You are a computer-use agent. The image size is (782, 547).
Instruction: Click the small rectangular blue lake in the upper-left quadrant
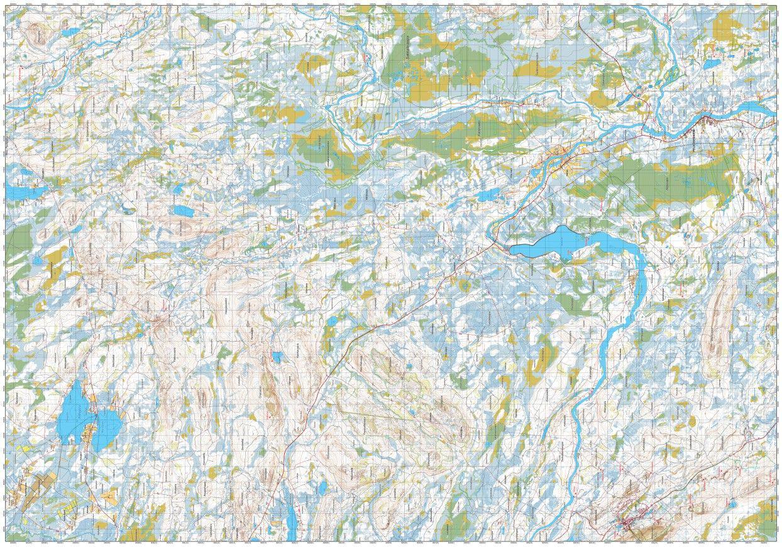pyautogui.click(x=182, y=210)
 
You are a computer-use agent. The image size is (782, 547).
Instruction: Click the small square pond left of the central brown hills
pyautogui.click(x=277, y=357)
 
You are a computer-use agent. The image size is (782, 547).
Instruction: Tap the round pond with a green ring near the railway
pyautogui.click(x=465, y=286)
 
